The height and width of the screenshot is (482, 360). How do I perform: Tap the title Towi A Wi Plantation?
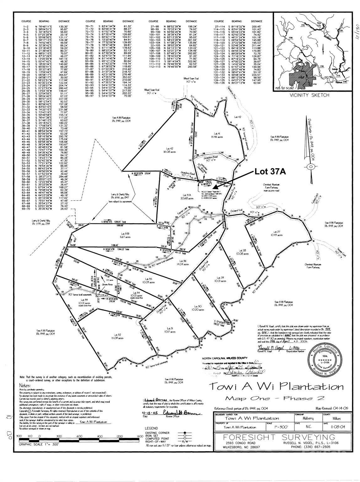(276, 386)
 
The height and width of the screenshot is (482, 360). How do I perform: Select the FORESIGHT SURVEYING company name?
(278, 437)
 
